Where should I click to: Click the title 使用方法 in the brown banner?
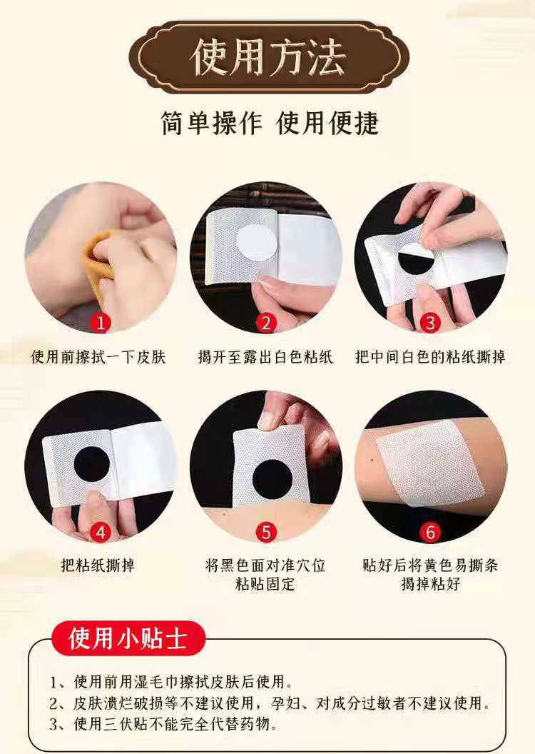coord(268,58)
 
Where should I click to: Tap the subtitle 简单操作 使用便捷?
coord(270,123)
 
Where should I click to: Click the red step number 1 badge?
coord(101,323)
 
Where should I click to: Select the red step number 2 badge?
coord(266,323)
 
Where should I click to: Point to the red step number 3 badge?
coord(430,323)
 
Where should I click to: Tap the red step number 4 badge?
coord(101,533)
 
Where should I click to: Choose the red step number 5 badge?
coord(266,533)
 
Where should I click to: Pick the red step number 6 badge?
coord(430,533)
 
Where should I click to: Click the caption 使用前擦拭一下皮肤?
coord(98,357)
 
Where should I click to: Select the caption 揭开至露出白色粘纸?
coord(265,357)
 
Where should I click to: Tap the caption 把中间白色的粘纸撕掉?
coord(430,357)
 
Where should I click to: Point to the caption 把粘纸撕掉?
coord(98,565)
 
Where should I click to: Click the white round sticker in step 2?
coord(257,243)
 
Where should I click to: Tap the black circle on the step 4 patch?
coord(92,465)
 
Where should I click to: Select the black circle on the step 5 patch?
coord(272,478)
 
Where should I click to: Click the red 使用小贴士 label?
coord(128,638)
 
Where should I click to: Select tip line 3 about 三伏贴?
coord(163,724)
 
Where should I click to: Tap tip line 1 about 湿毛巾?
coord(171,681)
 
